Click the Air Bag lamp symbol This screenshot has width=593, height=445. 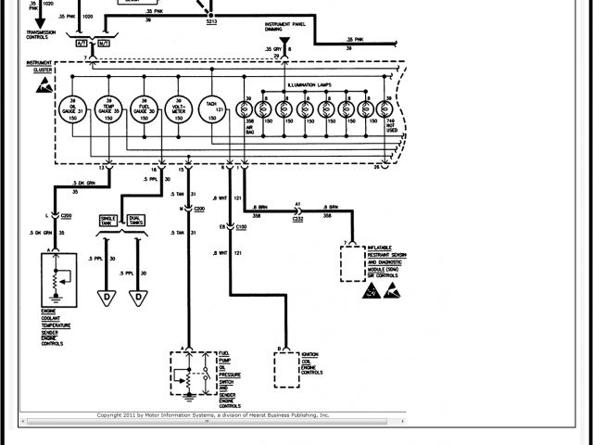249,109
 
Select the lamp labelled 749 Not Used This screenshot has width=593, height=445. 388,109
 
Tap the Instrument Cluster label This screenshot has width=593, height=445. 40,69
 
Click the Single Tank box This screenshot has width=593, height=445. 110,221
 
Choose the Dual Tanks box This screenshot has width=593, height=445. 136,221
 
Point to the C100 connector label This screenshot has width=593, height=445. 241,226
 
